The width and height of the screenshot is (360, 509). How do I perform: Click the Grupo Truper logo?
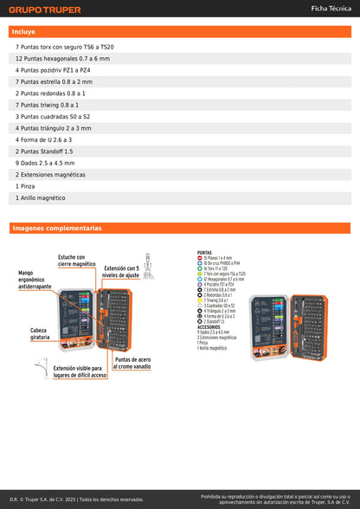tap(45, 10)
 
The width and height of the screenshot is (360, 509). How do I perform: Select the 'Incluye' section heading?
tap(24, 31)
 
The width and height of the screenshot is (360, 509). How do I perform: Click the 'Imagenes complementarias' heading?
tap(56, 229)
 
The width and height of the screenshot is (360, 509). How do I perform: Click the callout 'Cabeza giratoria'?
tap(39, 333)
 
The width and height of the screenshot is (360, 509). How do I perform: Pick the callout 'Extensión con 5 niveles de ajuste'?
tap(121, 272)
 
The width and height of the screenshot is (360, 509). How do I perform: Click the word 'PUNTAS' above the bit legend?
tap(205, 253)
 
